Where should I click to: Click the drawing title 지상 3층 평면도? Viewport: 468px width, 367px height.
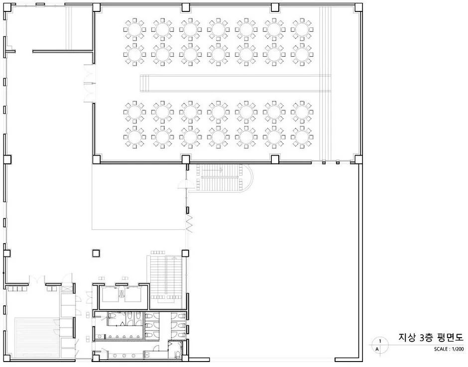[x=431, y=338]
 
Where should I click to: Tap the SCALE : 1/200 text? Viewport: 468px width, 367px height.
[x=449, y=349]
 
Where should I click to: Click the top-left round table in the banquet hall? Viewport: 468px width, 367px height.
[x=134, y=29]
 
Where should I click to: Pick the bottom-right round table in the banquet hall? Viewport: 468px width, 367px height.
[x=302, y=137]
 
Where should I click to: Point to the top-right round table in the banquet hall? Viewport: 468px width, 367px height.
[x=302, y=29]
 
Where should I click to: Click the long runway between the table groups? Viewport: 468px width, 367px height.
[x=235, y=83]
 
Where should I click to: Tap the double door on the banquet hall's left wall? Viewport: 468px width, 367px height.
[x=89, y=83]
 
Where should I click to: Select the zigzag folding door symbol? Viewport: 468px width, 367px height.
[x=190, y=223]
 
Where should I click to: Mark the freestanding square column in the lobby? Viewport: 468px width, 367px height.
[x=96, y=254]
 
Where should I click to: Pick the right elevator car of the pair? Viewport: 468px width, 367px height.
[x=133, y=294]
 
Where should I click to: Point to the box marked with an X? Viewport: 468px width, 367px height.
[x=66, y=289]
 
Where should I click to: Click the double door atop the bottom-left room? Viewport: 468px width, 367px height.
[x=36, y=279]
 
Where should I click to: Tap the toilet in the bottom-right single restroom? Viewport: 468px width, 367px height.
[x=177, y=354]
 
